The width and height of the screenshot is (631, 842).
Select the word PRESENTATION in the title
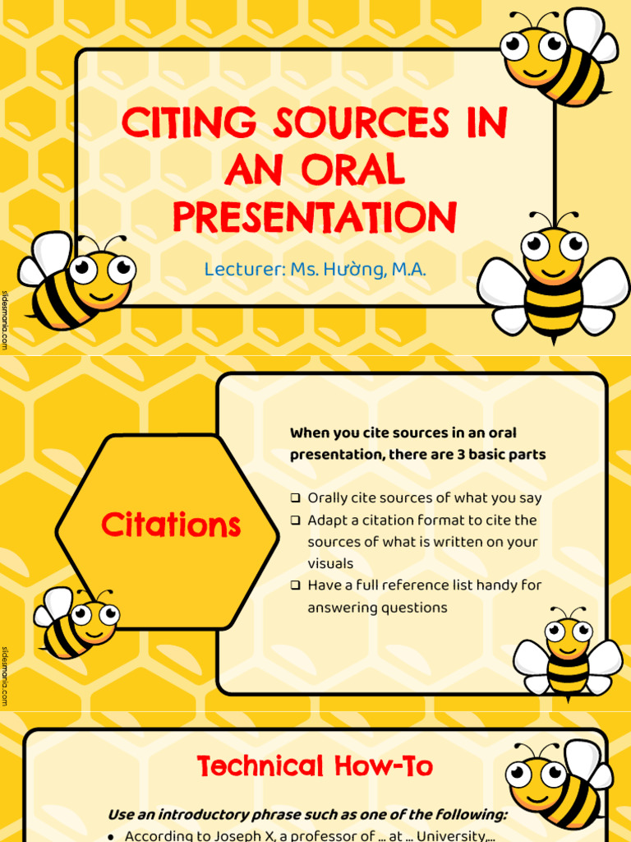[x=314, y=217]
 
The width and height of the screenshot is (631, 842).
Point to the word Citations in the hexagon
[x=171, y=525]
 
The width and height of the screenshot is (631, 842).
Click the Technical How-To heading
[x=315, y=767]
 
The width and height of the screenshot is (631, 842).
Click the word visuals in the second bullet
[x=330, y=564]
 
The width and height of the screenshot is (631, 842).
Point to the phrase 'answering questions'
[x=377, y=608]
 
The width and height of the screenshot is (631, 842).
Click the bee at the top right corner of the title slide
[x=558, y=58]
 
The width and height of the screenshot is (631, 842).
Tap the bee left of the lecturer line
[x=78, y=280]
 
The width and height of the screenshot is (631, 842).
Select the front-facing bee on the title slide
[x=553, y=275]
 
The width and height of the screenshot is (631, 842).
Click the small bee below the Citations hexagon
[x=76, y=622]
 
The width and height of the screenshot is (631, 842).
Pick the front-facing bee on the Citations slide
[x=568, y=654]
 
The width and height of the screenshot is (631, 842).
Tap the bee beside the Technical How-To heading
[x=559, y=785]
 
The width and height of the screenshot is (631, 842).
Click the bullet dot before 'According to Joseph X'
[x=112, y=836]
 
